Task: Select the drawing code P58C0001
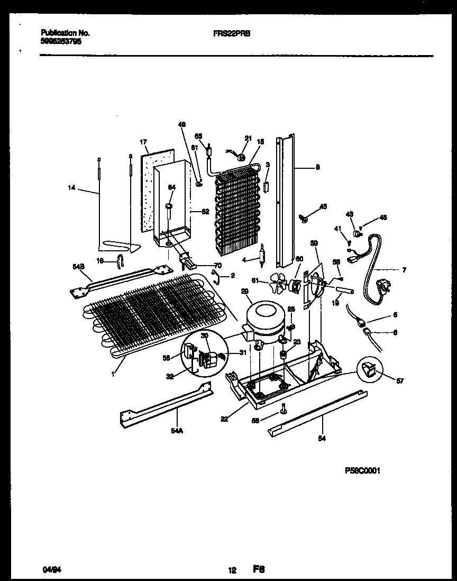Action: point(362,469)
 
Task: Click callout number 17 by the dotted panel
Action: point(143,142)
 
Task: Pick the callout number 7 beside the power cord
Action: point(404,270)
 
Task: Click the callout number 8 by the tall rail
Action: point(317,168)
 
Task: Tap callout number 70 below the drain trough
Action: point(218,265)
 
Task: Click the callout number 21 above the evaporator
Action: point(246,138)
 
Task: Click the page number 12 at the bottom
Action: point(232,570)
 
